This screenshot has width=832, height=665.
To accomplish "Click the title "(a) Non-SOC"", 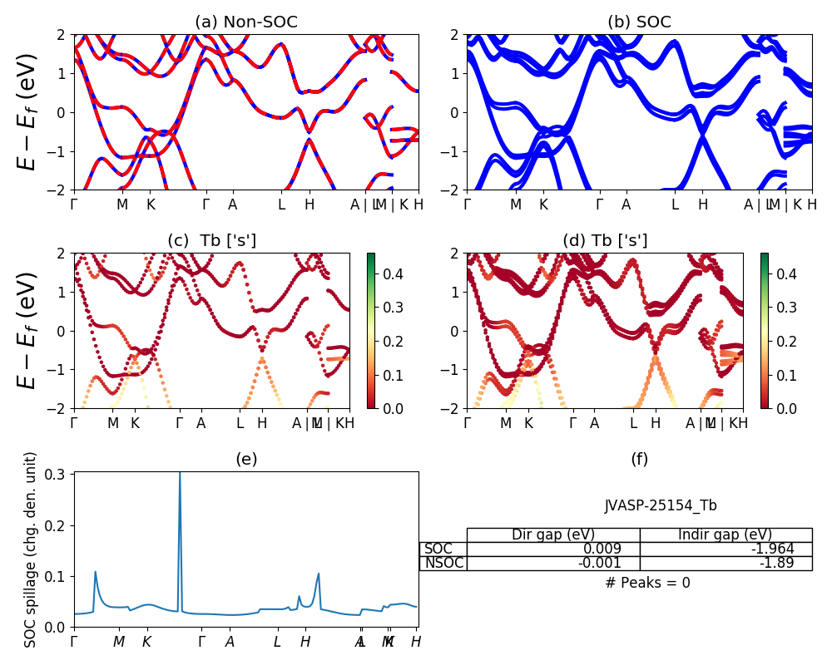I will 246,22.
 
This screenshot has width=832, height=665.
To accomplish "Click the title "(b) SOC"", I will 639,22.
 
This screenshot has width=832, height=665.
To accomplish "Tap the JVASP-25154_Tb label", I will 661,505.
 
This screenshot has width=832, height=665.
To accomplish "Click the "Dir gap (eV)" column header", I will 553,534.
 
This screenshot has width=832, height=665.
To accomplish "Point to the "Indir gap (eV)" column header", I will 726,534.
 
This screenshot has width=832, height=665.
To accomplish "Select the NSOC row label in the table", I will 443,563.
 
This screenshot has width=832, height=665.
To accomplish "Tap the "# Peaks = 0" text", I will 647,583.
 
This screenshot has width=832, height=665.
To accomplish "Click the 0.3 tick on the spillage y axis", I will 61,475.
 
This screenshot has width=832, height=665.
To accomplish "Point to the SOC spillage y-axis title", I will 32,549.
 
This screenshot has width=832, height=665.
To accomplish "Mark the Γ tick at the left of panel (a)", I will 74,204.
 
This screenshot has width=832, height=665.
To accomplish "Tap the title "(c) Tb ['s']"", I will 212,241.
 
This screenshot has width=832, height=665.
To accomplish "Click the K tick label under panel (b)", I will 543,204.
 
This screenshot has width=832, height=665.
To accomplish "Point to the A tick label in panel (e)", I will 230,642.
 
